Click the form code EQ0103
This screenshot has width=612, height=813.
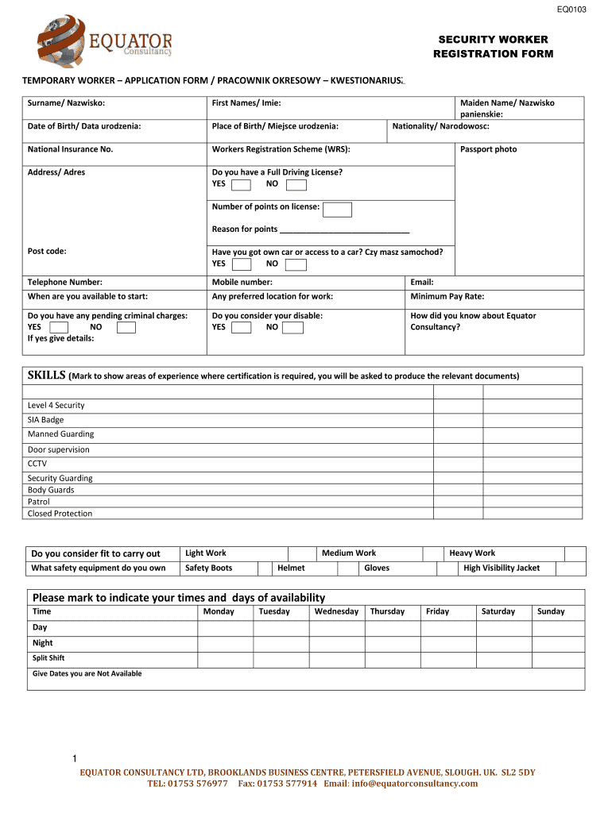tap(571, 9)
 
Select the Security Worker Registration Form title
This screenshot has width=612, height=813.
tap(493, 47)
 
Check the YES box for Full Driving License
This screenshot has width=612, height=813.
tap(241, 185)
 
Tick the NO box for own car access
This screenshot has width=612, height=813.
tap(296, 264)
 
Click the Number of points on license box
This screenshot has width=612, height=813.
tap(337, 210)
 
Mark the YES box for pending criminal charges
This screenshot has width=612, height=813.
tap(59, 327)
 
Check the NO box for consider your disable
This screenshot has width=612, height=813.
tap(292, 327)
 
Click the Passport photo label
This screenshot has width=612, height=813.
tap(488, 149)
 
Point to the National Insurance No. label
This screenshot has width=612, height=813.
tap(70, 149)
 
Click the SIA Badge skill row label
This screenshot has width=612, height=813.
tap(45, 420)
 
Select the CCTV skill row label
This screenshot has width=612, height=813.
tap(37, 464)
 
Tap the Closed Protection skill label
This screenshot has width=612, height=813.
tap(60, 514)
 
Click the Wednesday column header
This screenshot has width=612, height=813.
tap(336, 611)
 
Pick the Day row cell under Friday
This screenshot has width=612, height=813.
tap(447, 627)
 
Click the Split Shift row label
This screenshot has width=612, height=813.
tap(48, 658)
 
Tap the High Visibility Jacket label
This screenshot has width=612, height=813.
tap(502, 568)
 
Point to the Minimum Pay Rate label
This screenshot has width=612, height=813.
tap(447, 296)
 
